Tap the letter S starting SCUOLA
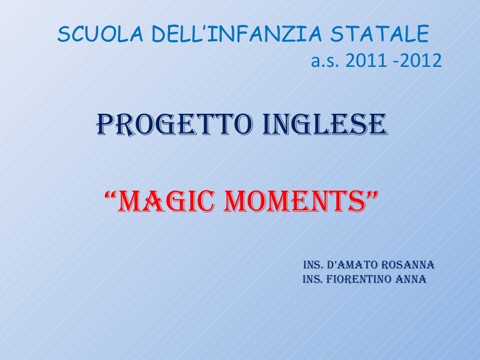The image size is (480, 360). pos(62,34)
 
